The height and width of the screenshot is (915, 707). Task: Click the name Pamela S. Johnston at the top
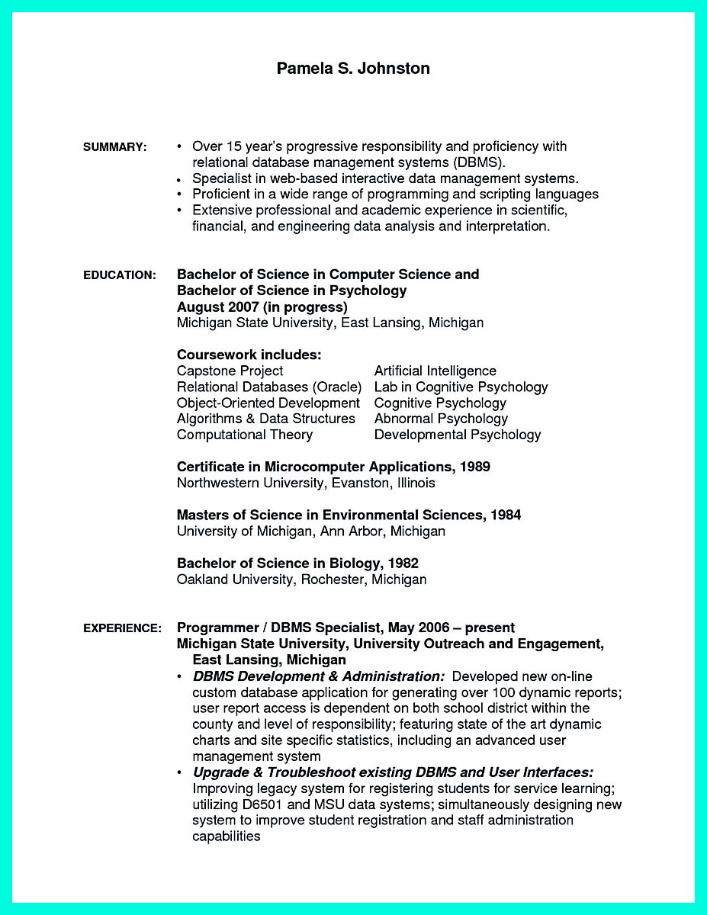[x=353, y=69]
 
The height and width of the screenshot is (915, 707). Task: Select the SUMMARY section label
[x=114, y=147]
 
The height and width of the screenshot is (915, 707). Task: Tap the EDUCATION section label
[x=120, y=274]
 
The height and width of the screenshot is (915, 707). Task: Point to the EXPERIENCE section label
[x=122, y=628]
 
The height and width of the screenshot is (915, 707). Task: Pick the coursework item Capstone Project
[x=230, y=371]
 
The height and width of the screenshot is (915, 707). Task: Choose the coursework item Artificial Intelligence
[x=435, y=371]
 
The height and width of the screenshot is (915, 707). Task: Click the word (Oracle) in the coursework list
[x=336, y=387]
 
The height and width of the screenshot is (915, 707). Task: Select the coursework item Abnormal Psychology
[x=441, y=419]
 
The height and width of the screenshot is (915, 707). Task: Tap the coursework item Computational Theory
[x=244, y=435]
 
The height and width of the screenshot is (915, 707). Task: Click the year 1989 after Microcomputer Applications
[x=475, y=467]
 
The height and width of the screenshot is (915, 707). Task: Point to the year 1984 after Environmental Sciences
[x=506, y=515]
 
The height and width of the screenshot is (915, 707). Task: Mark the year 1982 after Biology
[x=403, y=563]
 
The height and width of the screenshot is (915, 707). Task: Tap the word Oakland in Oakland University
[x=203, y=579]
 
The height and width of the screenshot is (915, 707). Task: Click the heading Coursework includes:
[x=249, y=355]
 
